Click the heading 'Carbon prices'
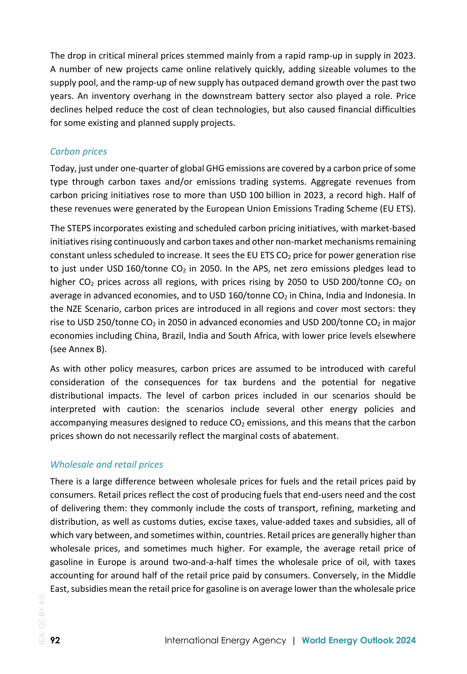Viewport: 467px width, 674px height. (78, 151)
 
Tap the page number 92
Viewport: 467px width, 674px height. (55, 640)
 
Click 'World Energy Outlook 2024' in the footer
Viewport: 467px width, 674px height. (358, 640)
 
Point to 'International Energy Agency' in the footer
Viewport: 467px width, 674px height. (225, 640)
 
